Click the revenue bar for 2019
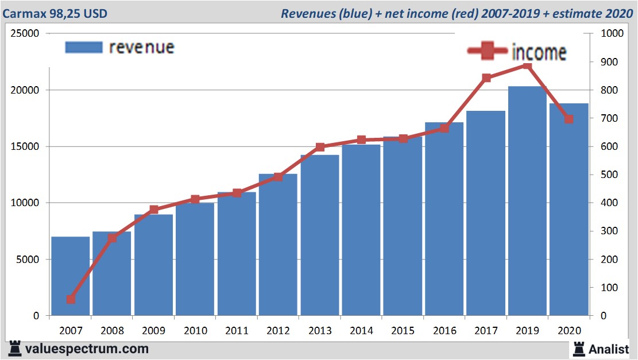(x=527, y=201)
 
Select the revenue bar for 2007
(x=70, y=276)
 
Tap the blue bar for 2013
(x=319, y=235)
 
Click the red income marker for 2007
(x=71, y=299)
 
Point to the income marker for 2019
(x=527, y=66)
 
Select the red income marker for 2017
(x=486, y=78)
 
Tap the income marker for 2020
(x=569, y=119)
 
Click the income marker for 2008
(x=113, y=238)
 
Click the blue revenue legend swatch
(x=83, y=47)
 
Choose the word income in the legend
(x=538, y=52)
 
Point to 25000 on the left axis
(x=25, y=33)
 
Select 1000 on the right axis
(x=612, y=33)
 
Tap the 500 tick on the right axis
(x=610, y=175)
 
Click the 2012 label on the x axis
(x=278, y=331)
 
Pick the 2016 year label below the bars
(x=444, y=331)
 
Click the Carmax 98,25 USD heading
(x=55, y=13)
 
